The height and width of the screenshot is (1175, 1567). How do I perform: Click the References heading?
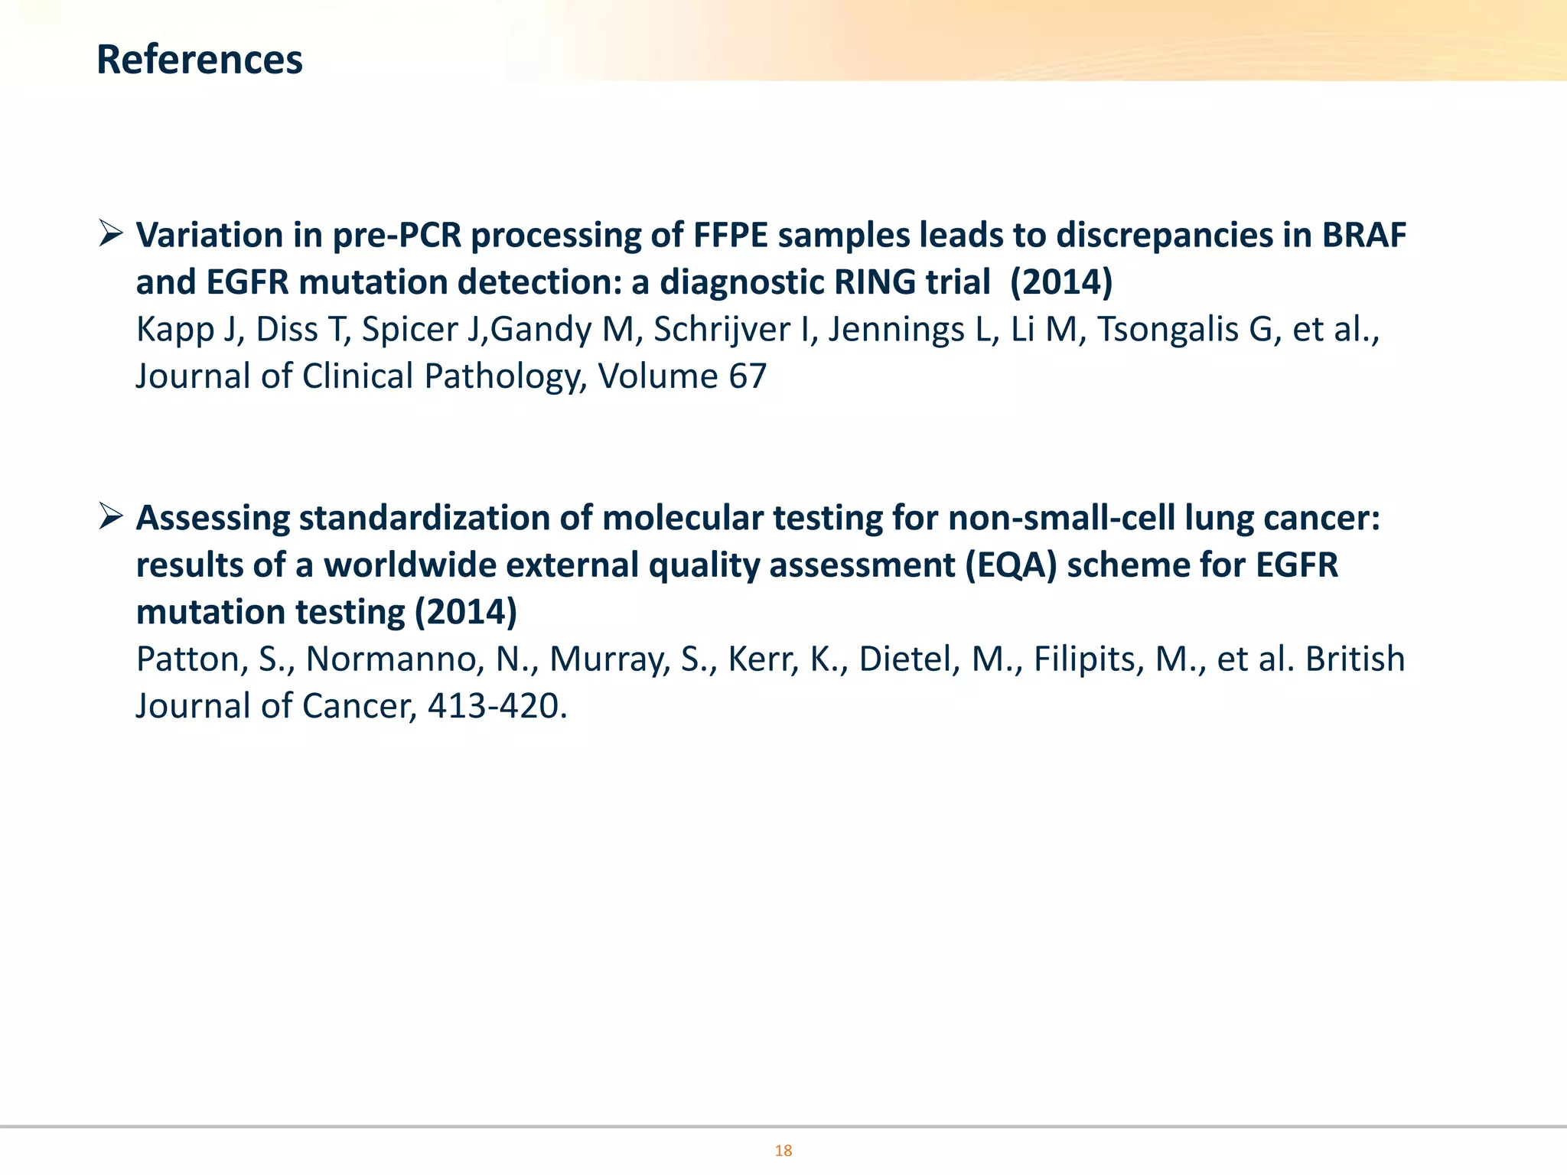tap(200, 60)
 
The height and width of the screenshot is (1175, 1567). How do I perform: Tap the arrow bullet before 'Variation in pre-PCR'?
tap(111, 233)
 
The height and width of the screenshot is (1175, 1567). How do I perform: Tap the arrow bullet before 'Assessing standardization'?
tap(111, 517)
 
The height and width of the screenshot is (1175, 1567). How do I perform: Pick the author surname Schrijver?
tap(722, 330)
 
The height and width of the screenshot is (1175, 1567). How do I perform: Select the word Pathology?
tap(505, 377)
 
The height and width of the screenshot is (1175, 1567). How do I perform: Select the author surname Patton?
tap(191, 659)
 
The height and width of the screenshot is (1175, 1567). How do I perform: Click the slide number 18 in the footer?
tap(783, 1151)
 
